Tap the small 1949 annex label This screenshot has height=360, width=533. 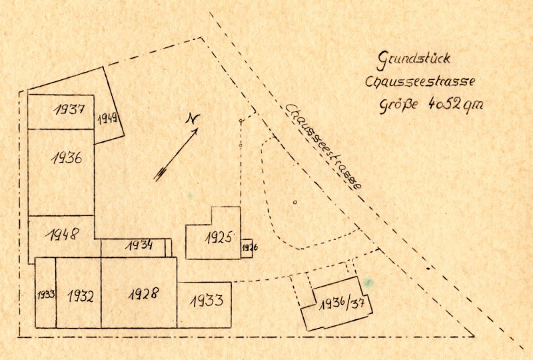click(107, 119)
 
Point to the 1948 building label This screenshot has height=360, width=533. click(64, 235)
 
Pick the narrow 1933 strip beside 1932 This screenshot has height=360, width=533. click(45, 293)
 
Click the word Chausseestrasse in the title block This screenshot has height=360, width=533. click(420, 82)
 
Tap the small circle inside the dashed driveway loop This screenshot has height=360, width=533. click(294, 201)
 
